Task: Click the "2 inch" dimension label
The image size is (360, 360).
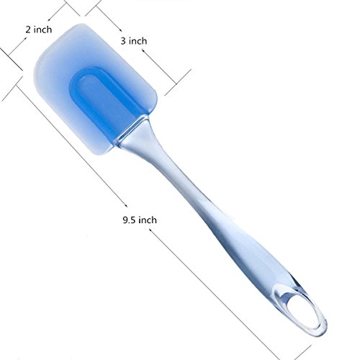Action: point(39,30)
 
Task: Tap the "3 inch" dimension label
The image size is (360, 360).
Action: point(134,41)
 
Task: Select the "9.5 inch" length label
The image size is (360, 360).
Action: point(140,220)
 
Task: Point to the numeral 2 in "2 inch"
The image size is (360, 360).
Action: point(28,30)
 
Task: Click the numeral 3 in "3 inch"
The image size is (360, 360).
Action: point(123,41)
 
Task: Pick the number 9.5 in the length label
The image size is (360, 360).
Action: point(130,220)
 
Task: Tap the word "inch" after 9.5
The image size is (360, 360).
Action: point(148,220)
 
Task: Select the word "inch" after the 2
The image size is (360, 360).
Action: point(42,30)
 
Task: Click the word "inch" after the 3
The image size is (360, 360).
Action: point(138,41)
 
